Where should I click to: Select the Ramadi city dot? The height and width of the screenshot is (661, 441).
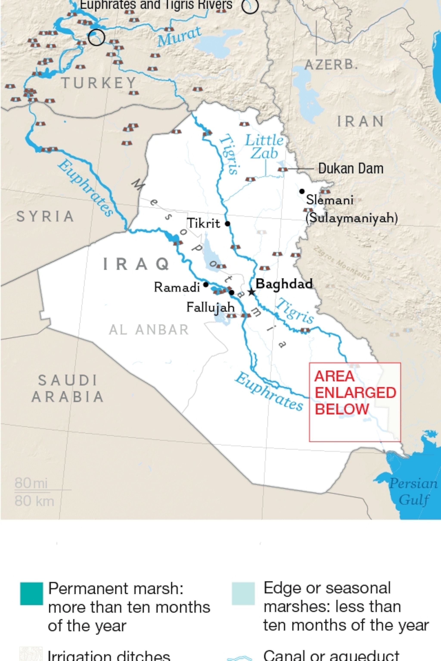click(206, 284)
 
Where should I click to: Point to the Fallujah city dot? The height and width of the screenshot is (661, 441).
click(231, 293)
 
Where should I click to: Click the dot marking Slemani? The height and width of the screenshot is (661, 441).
click(302, 191)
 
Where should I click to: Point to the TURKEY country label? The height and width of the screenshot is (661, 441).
click(99, 83)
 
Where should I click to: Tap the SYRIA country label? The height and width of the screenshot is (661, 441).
click(45, 216)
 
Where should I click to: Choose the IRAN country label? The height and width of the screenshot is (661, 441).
click(360, 121)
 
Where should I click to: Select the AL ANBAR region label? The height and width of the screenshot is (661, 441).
click(149, 330)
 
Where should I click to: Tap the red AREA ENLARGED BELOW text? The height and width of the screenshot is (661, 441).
click(355, 393)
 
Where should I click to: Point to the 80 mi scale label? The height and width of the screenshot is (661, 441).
click(31, 483)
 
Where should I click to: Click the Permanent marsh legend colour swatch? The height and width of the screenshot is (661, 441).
click(31, 594)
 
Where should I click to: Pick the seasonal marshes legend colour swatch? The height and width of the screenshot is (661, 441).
click(243, 594)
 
